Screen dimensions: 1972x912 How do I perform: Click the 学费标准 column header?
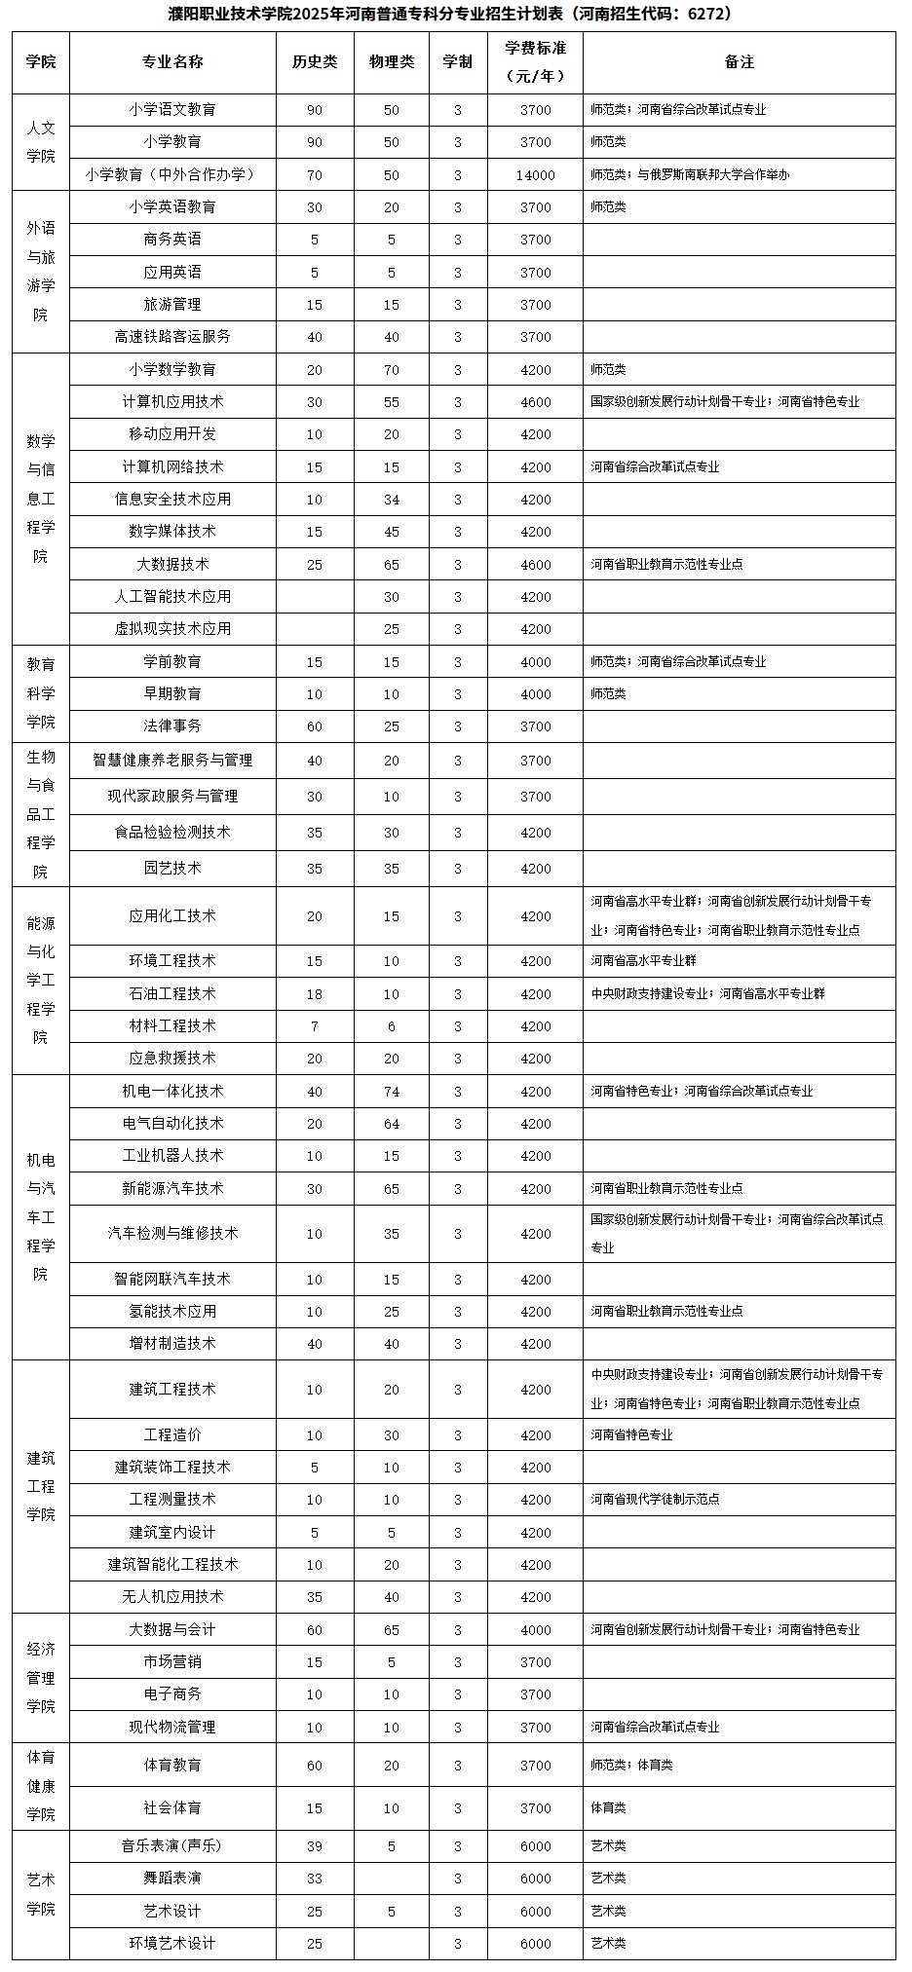[x=535, y=61]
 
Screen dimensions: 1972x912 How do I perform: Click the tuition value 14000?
[x=535, y=175]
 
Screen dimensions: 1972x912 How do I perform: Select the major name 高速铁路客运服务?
[x=172, y=337]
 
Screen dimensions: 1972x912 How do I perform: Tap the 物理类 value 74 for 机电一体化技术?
[x=392, y=1092]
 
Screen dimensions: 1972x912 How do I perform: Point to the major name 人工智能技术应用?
[x=172, y=597]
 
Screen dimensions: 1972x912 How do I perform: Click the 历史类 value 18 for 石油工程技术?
[x=314, y=994]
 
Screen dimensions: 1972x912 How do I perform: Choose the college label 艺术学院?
[x=41, y=1894]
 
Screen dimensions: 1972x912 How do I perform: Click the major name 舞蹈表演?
[x=172, y=1878]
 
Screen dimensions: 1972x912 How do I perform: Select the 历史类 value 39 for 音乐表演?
[x=314, y=1845]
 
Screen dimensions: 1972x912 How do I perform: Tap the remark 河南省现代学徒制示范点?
[x=655, y=1500]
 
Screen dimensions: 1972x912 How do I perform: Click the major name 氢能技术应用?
[x=172, y=1312]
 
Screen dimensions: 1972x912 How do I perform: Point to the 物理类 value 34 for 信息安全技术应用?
[x=392, y=500]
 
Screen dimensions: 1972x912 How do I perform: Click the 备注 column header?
[x=740, y=61]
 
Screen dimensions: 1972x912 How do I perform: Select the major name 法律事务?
[x=172, y=726]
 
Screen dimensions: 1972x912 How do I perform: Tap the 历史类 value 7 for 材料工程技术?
[x=314, y=1026]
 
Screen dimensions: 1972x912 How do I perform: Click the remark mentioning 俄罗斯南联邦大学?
[x=690, y=175]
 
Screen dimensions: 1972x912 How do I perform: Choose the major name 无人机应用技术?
[x=172, y=1597]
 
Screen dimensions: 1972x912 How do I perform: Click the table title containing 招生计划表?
[x=454, y=14]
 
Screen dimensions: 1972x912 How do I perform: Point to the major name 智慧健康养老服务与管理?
[x=172, y=761]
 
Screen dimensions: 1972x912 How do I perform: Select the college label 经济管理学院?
[x=41, y=1678]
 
